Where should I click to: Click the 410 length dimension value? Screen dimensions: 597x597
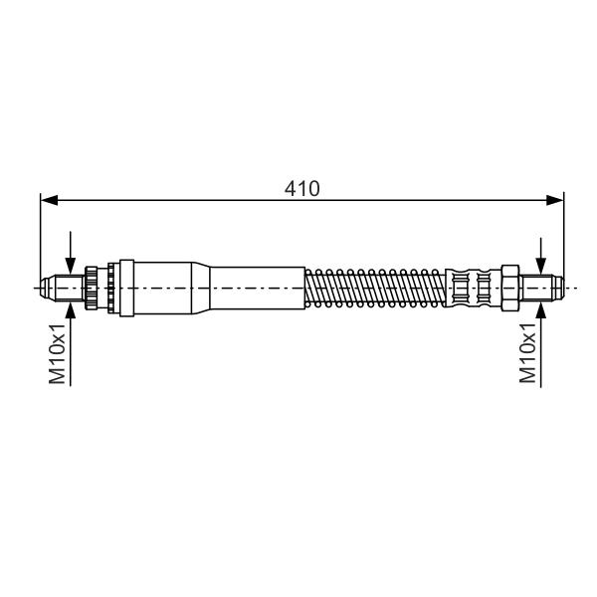pyautogui.click(x=301, y=188)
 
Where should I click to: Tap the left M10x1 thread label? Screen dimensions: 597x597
pyautogui.click(x=58, y=354)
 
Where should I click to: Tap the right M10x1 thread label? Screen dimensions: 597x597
pyautogui.click(x=527, y=352)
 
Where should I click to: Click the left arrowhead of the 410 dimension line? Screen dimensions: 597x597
pyautogui.click(x=49, y=200)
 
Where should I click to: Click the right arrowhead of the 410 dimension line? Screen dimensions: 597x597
pyautogui.click(x=555, y=200)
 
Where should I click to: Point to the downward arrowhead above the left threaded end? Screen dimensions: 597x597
pyautogui.click(x=71, y=265)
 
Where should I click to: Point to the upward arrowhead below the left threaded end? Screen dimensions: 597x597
pyautogui.click(x=71, y=310)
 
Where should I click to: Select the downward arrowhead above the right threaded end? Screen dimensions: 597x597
pyautogui.click(x=540, y=266)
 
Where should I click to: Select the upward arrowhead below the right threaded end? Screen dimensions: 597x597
pyautogui.click(x=540, y=309)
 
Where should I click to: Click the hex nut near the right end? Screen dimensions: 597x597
pyautogui.click(x=510, y=288)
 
